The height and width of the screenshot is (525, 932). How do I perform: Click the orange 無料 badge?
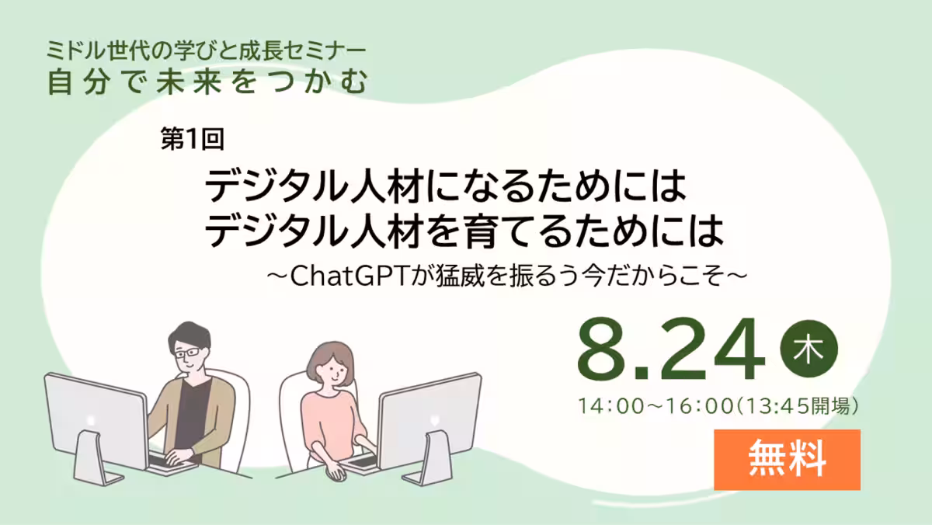(x=788, y=460)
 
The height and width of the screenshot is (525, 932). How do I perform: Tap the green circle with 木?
(x=809, y=349)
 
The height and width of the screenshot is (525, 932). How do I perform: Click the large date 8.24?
(x=671, y=349)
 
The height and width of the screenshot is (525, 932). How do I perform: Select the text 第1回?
(x=193, y=138)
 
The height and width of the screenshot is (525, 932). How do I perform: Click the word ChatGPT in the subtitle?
(x=349, y=276)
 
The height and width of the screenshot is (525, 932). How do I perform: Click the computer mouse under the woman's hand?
(x=337, y=474)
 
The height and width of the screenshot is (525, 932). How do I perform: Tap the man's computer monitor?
(x=96, y=420)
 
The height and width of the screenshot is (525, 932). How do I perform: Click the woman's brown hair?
(x=330, y=358)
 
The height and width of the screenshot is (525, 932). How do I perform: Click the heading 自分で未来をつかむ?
(x=207, y=82)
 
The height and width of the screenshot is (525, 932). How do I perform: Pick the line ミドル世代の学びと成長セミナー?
(x=206, y=50)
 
